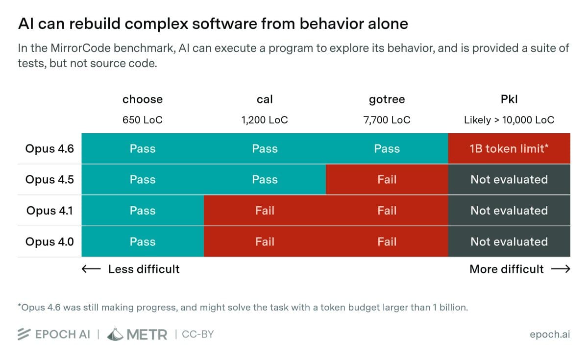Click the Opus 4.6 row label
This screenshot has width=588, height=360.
[x=49, y=148]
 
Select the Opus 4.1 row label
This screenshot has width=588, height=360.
[x=49, y=211]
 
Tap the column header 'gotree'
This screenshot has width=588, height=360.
[x=387, y=99]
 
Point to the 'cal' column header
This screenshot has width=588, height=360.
[x=265, y=99]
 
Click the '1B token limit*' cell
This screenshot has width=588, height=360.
[x=509, y=148]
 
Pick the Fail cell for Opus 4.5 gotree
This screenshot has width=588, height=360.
[x=387, y=180]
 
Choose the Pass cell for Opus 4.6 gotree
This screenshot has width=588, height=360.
[x=387, y=148]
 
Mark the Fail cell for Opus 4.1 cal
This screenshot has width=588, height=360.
[x=265, y=211]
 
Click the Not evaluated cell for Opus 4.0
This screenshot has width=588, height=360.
[x=509, y=241]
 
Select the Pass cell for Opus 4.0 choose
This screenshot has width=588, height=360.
[x=143, y=241]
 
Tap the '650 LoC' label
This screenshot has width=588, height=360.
[x=143, y=120]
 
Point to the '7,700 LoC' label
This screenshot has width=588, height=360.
[x=387, y=120]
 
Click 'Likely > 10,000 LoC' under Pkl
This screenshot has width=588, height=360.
[x=509, y=120]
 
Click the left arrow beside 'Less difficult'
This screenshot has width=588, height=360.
[x=91, y=269]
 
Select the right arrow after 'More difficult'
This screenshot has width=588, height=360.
[x=561, y=269]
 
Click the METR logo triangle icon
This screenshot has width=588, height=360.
[x=115, y=334]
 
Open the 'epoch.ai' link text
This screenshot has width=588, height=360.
[x=550, y=335]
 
